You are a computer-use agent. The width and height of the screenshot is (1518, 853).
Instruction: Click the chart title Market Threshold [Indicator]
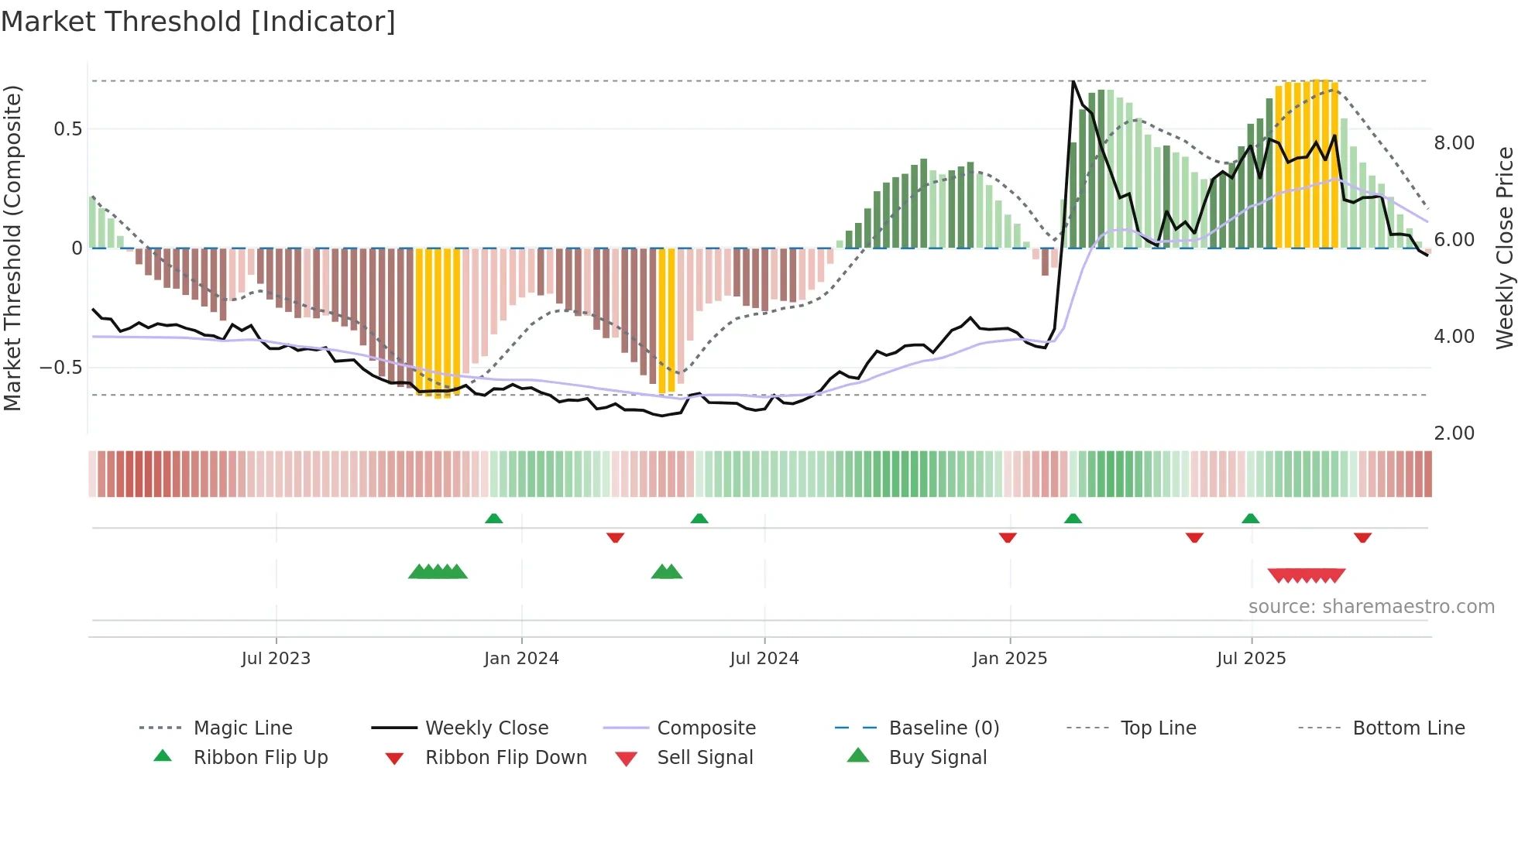[198, 22]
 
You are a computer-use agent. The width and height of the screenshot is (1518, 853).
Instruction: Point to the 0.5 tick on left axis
[68, 129]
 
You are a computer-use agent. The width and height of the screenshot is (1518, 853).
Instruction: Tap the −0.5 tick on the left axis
[61, 368]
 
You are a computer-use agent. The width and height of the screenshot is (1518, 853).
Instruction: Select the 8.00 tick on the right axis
[1454, 143]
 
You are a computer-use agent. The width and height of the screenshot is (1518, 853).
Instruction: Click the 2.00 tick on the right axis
[1454, 433]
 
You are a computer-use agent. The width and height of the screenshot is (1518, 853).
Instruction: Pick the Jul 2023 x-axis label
[276, 659]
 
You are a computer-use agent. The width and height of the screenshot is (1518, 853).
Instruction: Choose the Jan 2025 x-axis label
[1009, 659]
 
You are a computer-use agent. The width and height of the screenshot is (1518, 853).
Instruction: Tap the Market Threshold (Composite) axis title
[12, 248]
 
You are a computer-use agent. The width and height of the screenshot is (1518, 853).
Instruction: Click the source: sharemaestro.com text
[1371, 607]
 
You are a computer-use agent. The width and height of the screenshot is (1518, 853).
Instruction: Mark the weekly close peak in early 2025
[1073, 81]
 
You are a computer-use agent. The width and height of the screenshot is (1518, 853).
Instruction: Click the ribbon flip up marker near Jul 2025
[1250, 519]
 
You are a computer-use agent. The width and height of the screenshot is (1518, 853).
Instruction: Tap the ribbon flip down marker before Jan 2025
[1008, 537]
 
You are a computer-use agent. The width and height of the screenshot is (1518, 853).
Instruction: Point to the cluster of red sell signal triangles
[1306, 575]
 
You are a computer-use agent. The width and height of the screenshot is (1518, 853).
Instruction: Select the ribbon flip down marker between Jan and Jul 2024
[615, 537]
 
